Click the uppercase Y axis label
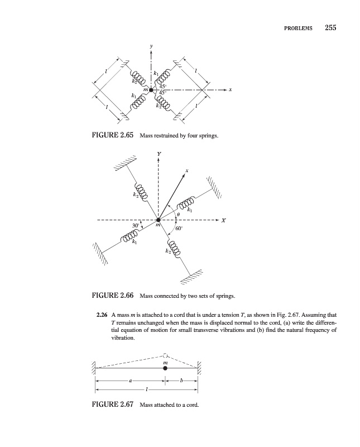pos(159,154)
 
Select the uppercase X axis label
pos(224,220)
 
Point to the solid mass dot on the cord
pos(165,369)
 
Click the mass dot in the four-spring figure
pos(151,90)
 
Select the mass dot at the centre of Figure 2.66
pos(159,220)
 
